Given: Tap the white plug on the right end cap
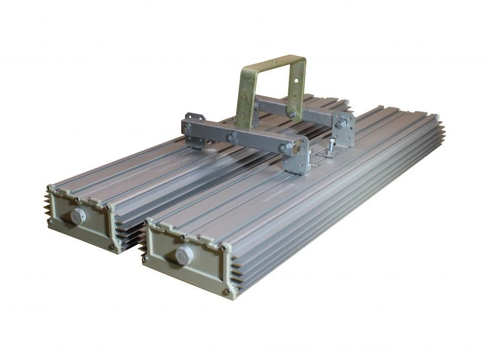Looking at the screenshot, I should (x=184, y=254).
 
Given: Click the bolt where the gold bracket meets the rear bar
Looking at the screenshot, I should (x=292, y=114).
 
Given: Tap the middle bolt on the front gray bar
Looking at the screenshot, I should (x=231, y=138).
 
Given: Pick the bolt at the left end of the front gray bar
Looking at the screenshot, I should (x=187, y=128).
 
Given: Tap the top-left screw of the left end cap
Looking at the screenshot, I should (x=50, y=188).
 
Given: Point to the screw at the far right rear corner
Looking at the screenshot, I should (x=436, y=116).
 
